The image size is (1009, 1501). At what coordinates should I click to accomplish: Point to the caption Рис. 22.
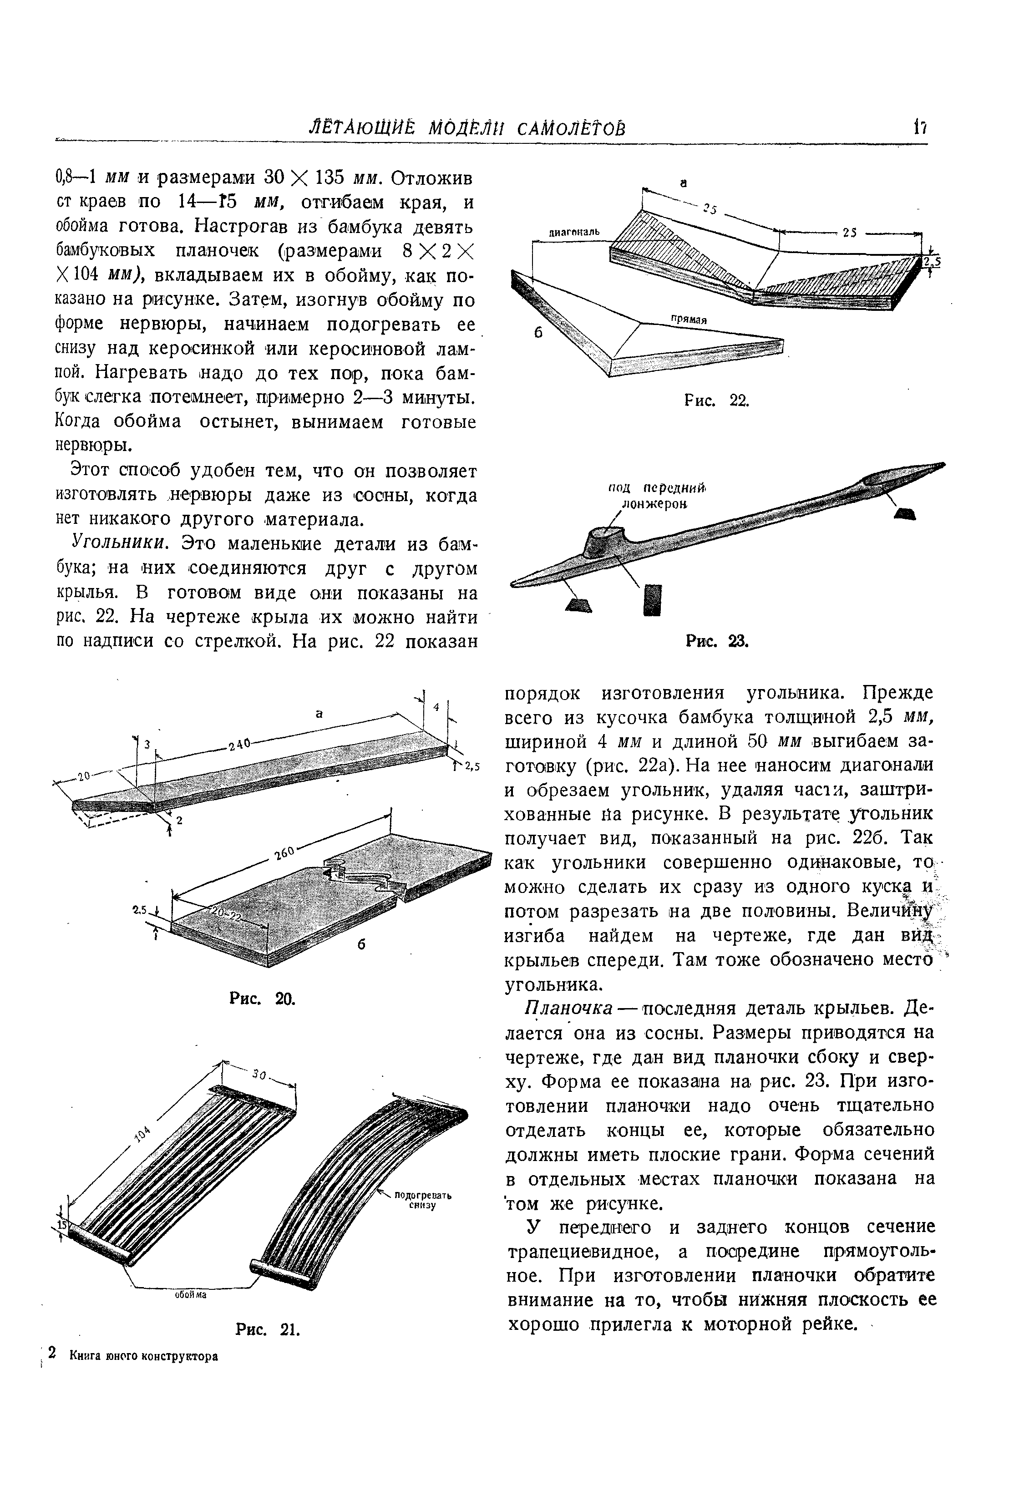point(715,401)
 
